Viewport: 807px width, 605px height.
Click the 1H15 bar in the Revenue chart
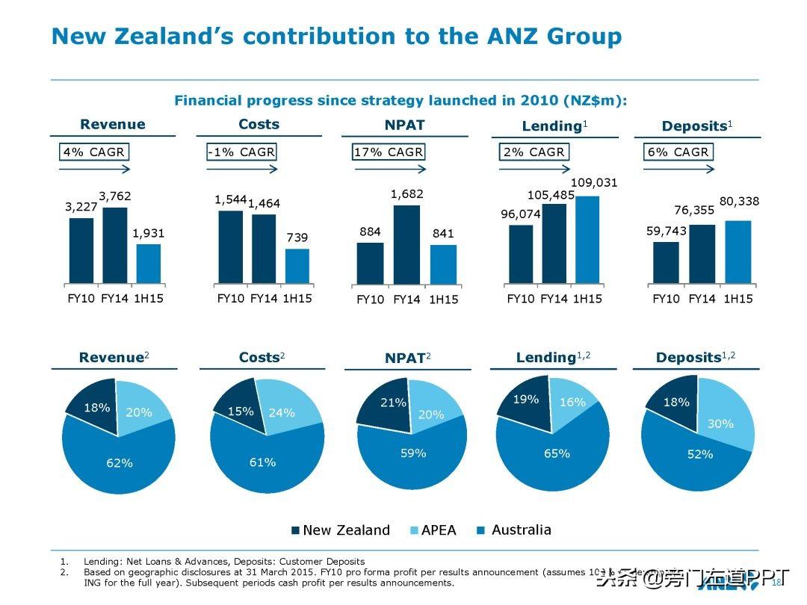[x=148, y=264]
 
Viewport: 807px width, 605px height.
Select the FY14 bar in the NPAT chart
[x=406, y=245]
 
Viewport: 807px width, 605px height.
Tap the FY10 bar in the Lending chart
[x=521, y=254]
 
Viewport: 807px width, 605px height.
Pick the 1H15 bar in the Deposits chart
[x=738, y=252]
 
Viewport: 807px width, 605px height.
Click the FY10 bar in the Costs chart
[x=230, y=247]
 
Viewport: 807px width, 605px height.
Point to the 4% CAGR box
[x=93, y=152]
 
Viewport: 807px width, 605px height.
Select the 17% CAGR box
[x=388, y=152]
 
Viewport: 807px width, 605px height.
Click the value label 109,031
[x=594, y=183]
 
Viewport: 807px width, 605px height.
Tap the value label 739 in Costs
[x=297, y=238]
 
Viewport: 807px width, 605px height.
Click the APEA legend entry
[x=433, y=530]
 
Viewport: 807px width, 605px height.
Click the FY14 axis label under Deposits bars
[x=702, y=299]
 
